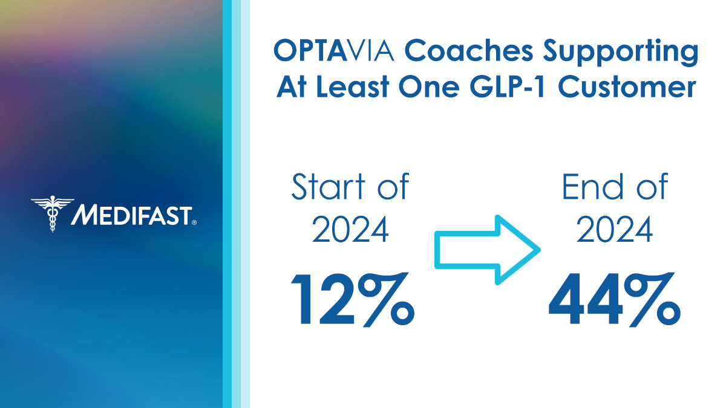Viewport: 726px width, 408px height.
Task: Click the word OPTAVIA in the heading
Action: click(335, 51)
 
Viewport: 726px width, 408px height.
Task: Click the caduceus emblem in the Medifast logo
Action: click(52, 213)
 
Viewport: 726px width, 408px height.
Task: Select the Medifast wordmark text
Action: click(131, 214)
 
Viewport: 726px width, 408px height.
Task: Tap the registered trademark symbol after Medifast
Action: click(194, 222)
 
